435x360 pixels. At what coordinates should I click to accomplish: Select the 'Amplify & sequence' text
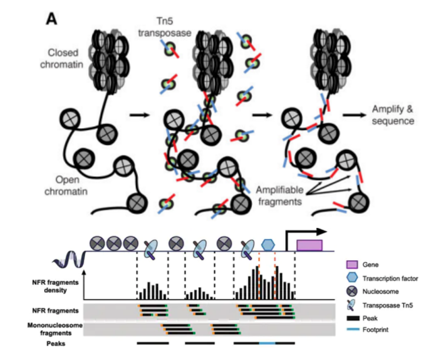click(394, 115)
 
